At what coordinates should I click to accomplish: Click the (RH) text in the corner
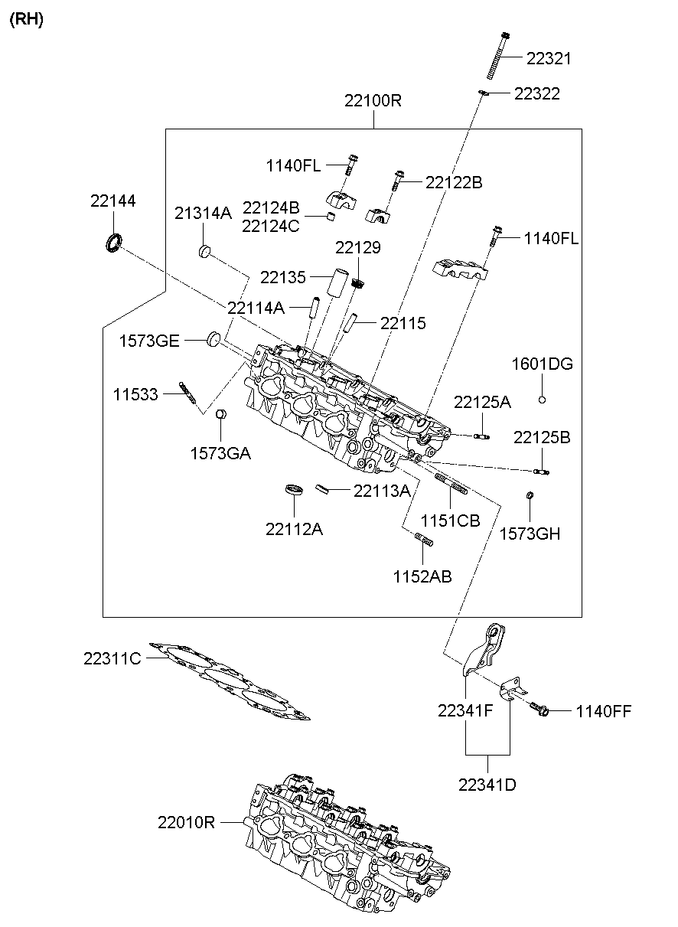pyautogui.click(x=27, y=20)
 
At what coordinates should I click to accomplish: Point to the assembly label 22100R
pyautogui.click(x=373, y=101)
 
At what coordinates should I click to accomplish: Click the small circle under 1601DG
pyautogui.click(x=542, y=400)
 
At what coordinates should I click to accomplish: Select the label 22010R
pyautogui.click(x=186, y=823)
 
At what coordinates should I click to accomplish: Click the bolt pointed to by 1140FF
pyautogui.click(x=539, y=710)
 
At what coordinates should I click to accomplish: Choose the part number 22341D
pyautogui.click(x=487, y=784)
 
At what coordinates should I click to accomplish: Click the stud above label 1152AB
pyautogui.click(x=424, y=541)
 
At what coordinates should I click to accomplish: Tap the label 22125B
pyautogui.click(x=542, y=437)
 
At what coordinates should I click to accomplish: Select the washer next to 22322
pyautogui.click(x=484, y=93)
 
